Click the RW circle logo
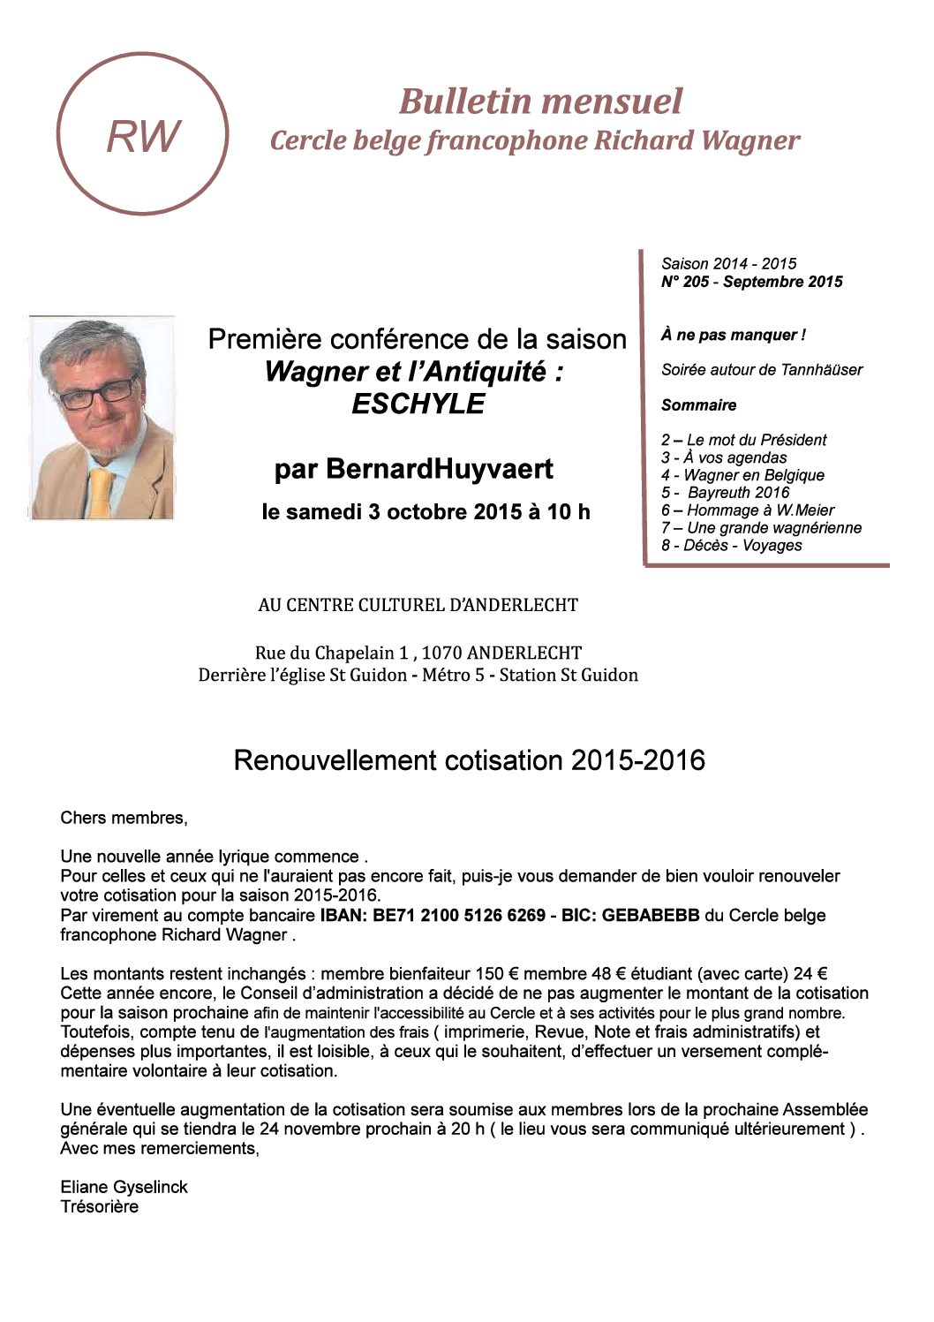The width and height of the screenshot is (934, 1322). [x=143, y=134]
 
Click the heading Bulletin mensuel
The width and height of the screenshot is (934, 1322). [x=540, y=101]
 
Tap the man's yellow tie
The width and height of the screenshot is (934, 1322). [x=101, y=491]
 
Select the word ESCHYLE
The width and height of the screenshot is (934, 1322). [x=418, y=404]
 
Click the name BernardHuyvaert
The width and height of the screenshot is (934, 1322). [x=440, y=469]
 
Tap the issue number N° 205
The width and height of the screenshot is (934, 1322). [x=689, y=282]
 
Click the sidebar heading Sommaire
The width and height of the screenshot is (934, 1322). [x=698, y=405]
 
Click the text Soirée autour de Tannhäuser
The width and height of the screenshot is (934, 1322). [x=762, y=370]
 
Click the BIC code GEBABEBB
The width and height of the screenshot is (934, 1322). [x=651, y=915]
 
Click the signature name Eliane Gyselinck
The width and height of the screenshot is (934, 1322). [x=124, y=1187]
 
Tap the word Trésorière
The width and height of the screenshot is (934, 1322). [x=99, y=1206]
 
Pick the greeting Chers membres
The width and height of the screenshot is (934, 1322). [x=124, y=818]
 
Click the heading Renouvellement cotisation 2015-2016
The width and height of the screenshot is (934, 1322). [x=469, y=760]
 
